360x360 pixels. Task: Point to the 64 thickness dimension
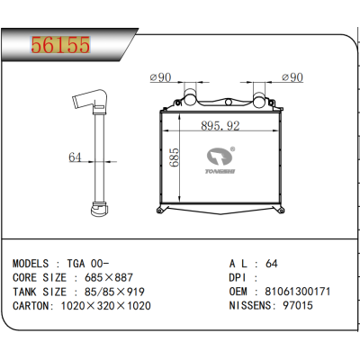[x=75, y=157]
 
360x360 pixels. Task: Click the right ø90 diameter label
[x=293, y=77]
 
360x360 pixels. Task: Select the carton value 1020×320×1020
[x=107, y=305]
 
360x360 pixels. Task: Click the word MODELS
[x=32, y=263]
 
